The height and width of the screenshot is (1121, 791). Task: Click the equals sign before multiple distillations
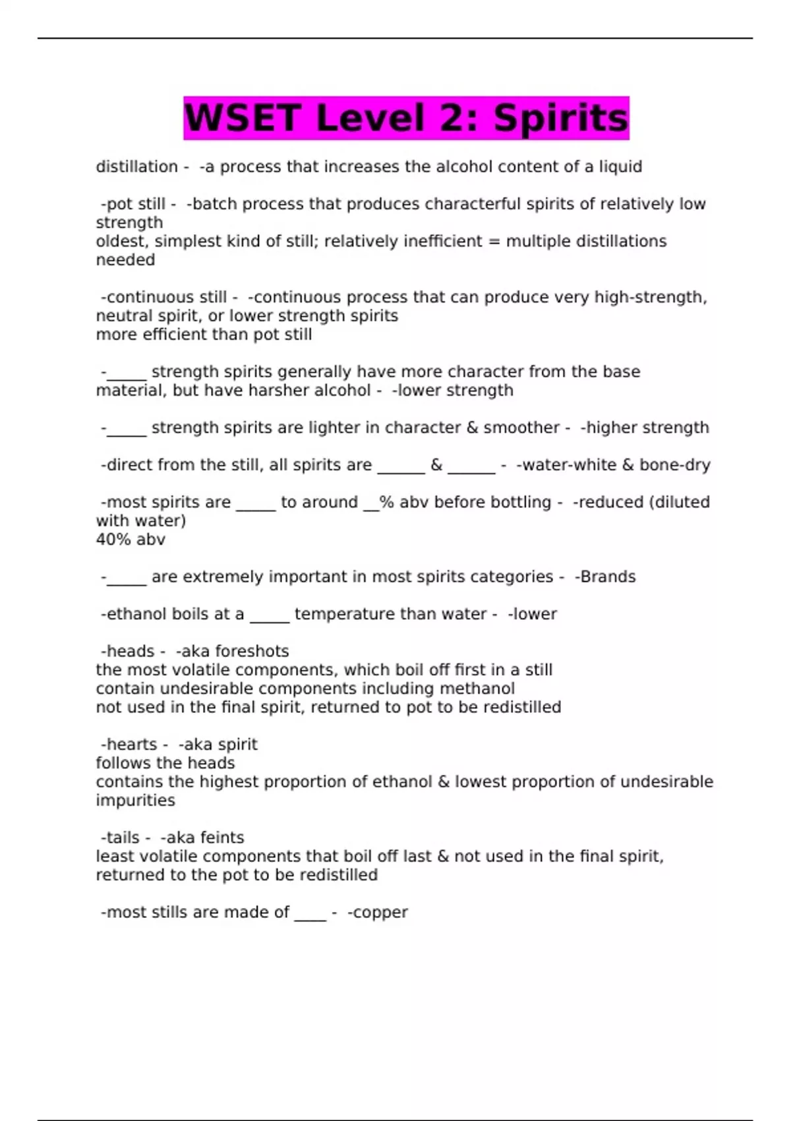tap(494, 241)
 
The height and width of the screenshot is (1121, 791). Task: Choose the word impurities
tap(135, 801)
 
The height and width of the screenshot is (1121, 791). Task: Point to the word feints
tap(222, 837)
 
